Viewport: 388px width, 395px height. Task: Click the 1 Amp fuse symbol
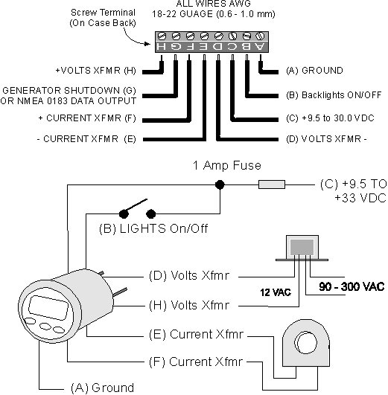coord(272,184)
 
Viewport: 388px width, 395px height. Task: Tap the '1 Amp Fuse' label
coord(227,166)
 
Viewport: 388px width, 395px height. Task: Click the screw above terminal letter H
coord(162,36)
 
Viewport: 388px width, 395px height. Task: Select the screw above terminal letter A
coord(260,36)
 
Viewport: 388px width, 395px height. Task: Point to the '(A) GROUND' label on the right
coord(314,70)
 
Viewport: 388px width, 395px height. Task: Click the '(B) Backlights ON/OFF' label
coord(334,95)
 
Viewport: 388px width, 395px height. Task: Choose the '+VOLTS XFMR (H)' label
coord(96,71)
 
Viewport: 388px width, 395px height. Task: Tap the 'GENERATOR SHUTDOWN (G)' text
coord(69,91)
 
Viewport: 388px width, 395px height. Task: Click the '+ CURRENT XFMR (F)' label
coord(87,118)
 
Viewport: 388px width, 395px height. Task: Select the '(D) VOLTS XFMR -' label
coord(326,139)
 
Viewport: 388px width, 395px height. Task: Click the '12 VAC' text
coord(276,292)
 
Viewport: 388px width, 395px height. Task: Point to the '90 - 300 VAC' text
coord(352,286)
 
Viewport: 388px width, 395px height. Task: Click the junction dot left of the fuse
coord(220,184)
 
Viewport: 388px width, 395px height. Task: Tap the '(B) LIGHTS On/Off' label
coord(153,228)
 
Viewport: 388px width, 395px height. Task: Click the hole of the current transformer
coord(307,343)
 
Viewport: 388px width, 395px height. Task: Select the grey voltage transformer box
coord(302,248)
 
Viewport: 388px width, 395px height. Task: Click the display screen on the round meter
coord(48,307)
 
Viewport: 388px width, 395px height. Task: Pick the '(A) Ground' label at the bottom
coord(103,388)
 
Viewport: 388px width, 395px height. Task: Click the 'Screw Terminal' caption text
coord(103,13)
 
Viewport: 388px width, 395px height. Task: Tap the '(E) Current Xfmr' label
coord(197,334)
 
